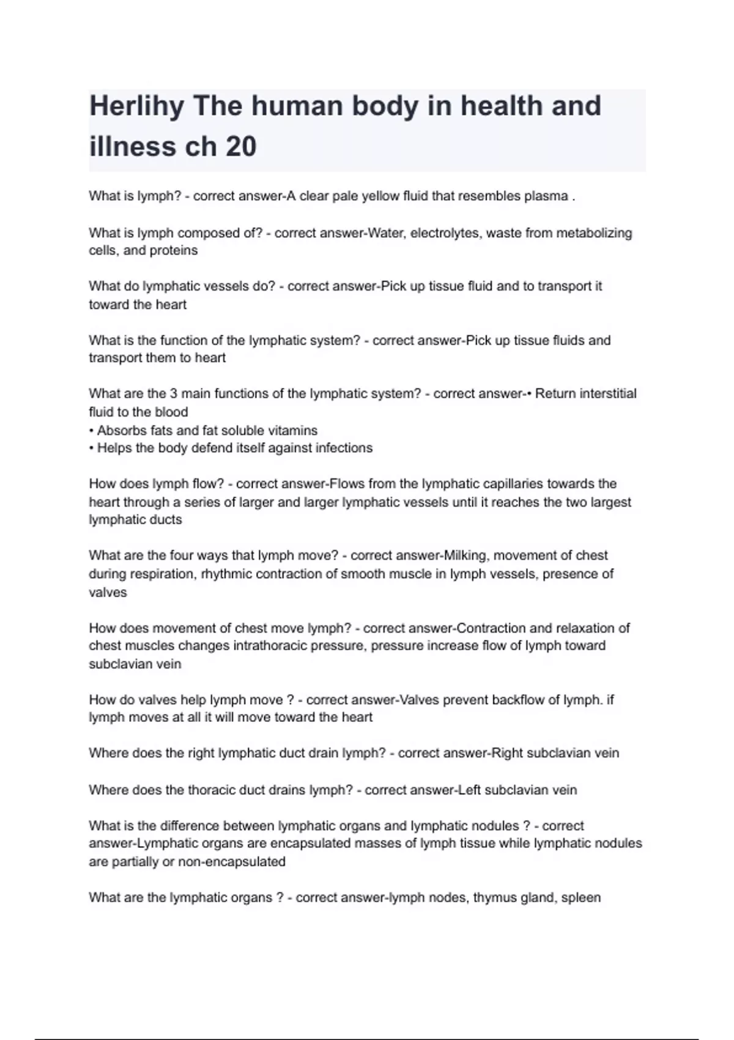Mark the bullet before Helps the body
[x=91, y=448]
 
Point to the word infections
[x=344, y=448]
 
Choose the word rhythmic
[x=225, y=574]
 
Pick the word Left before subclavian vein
[x=469, y=790]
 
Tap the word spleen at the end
[x=580, y=898]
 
